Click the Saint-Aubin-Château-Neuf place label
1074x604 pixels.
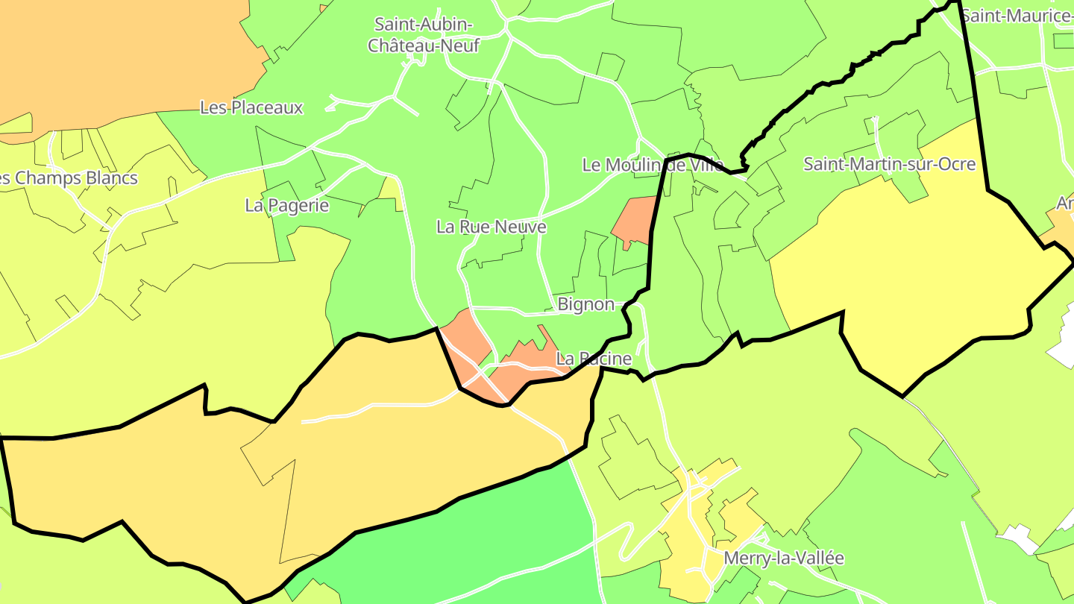423,35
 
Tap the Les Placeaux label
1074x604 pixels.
251,107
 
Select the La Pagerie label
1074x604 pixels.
287,205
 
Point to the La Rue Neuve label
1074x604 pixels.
492,227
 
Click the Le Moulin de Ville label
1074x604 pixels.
653,165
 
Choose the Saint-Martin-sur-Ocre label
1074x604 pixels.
889,164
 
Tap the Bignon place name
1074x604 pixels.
586,304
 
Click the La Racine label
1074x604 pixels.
594,359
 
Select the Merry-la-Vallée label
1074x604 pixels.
784,558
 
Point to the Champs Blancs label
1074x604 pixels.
71,178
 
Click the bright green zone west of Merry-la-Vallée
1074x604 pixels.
477,537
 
